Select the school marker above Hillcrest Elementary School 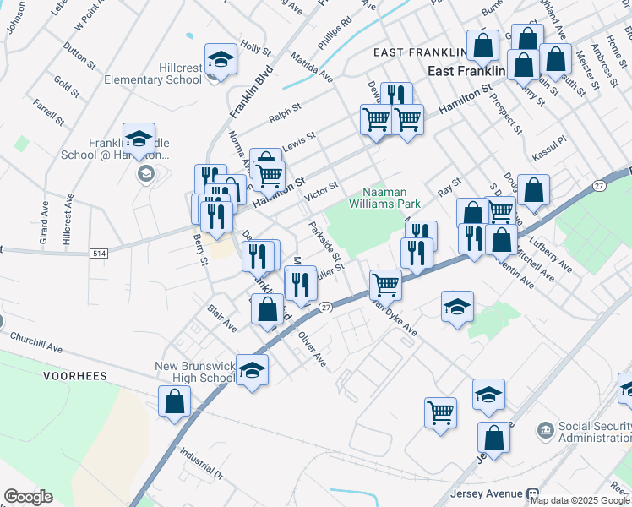click(221, 59)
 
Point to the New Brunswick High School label click(193, 373)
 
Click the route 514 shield click(99, 253)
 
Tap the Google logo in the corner click(28, 497)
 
